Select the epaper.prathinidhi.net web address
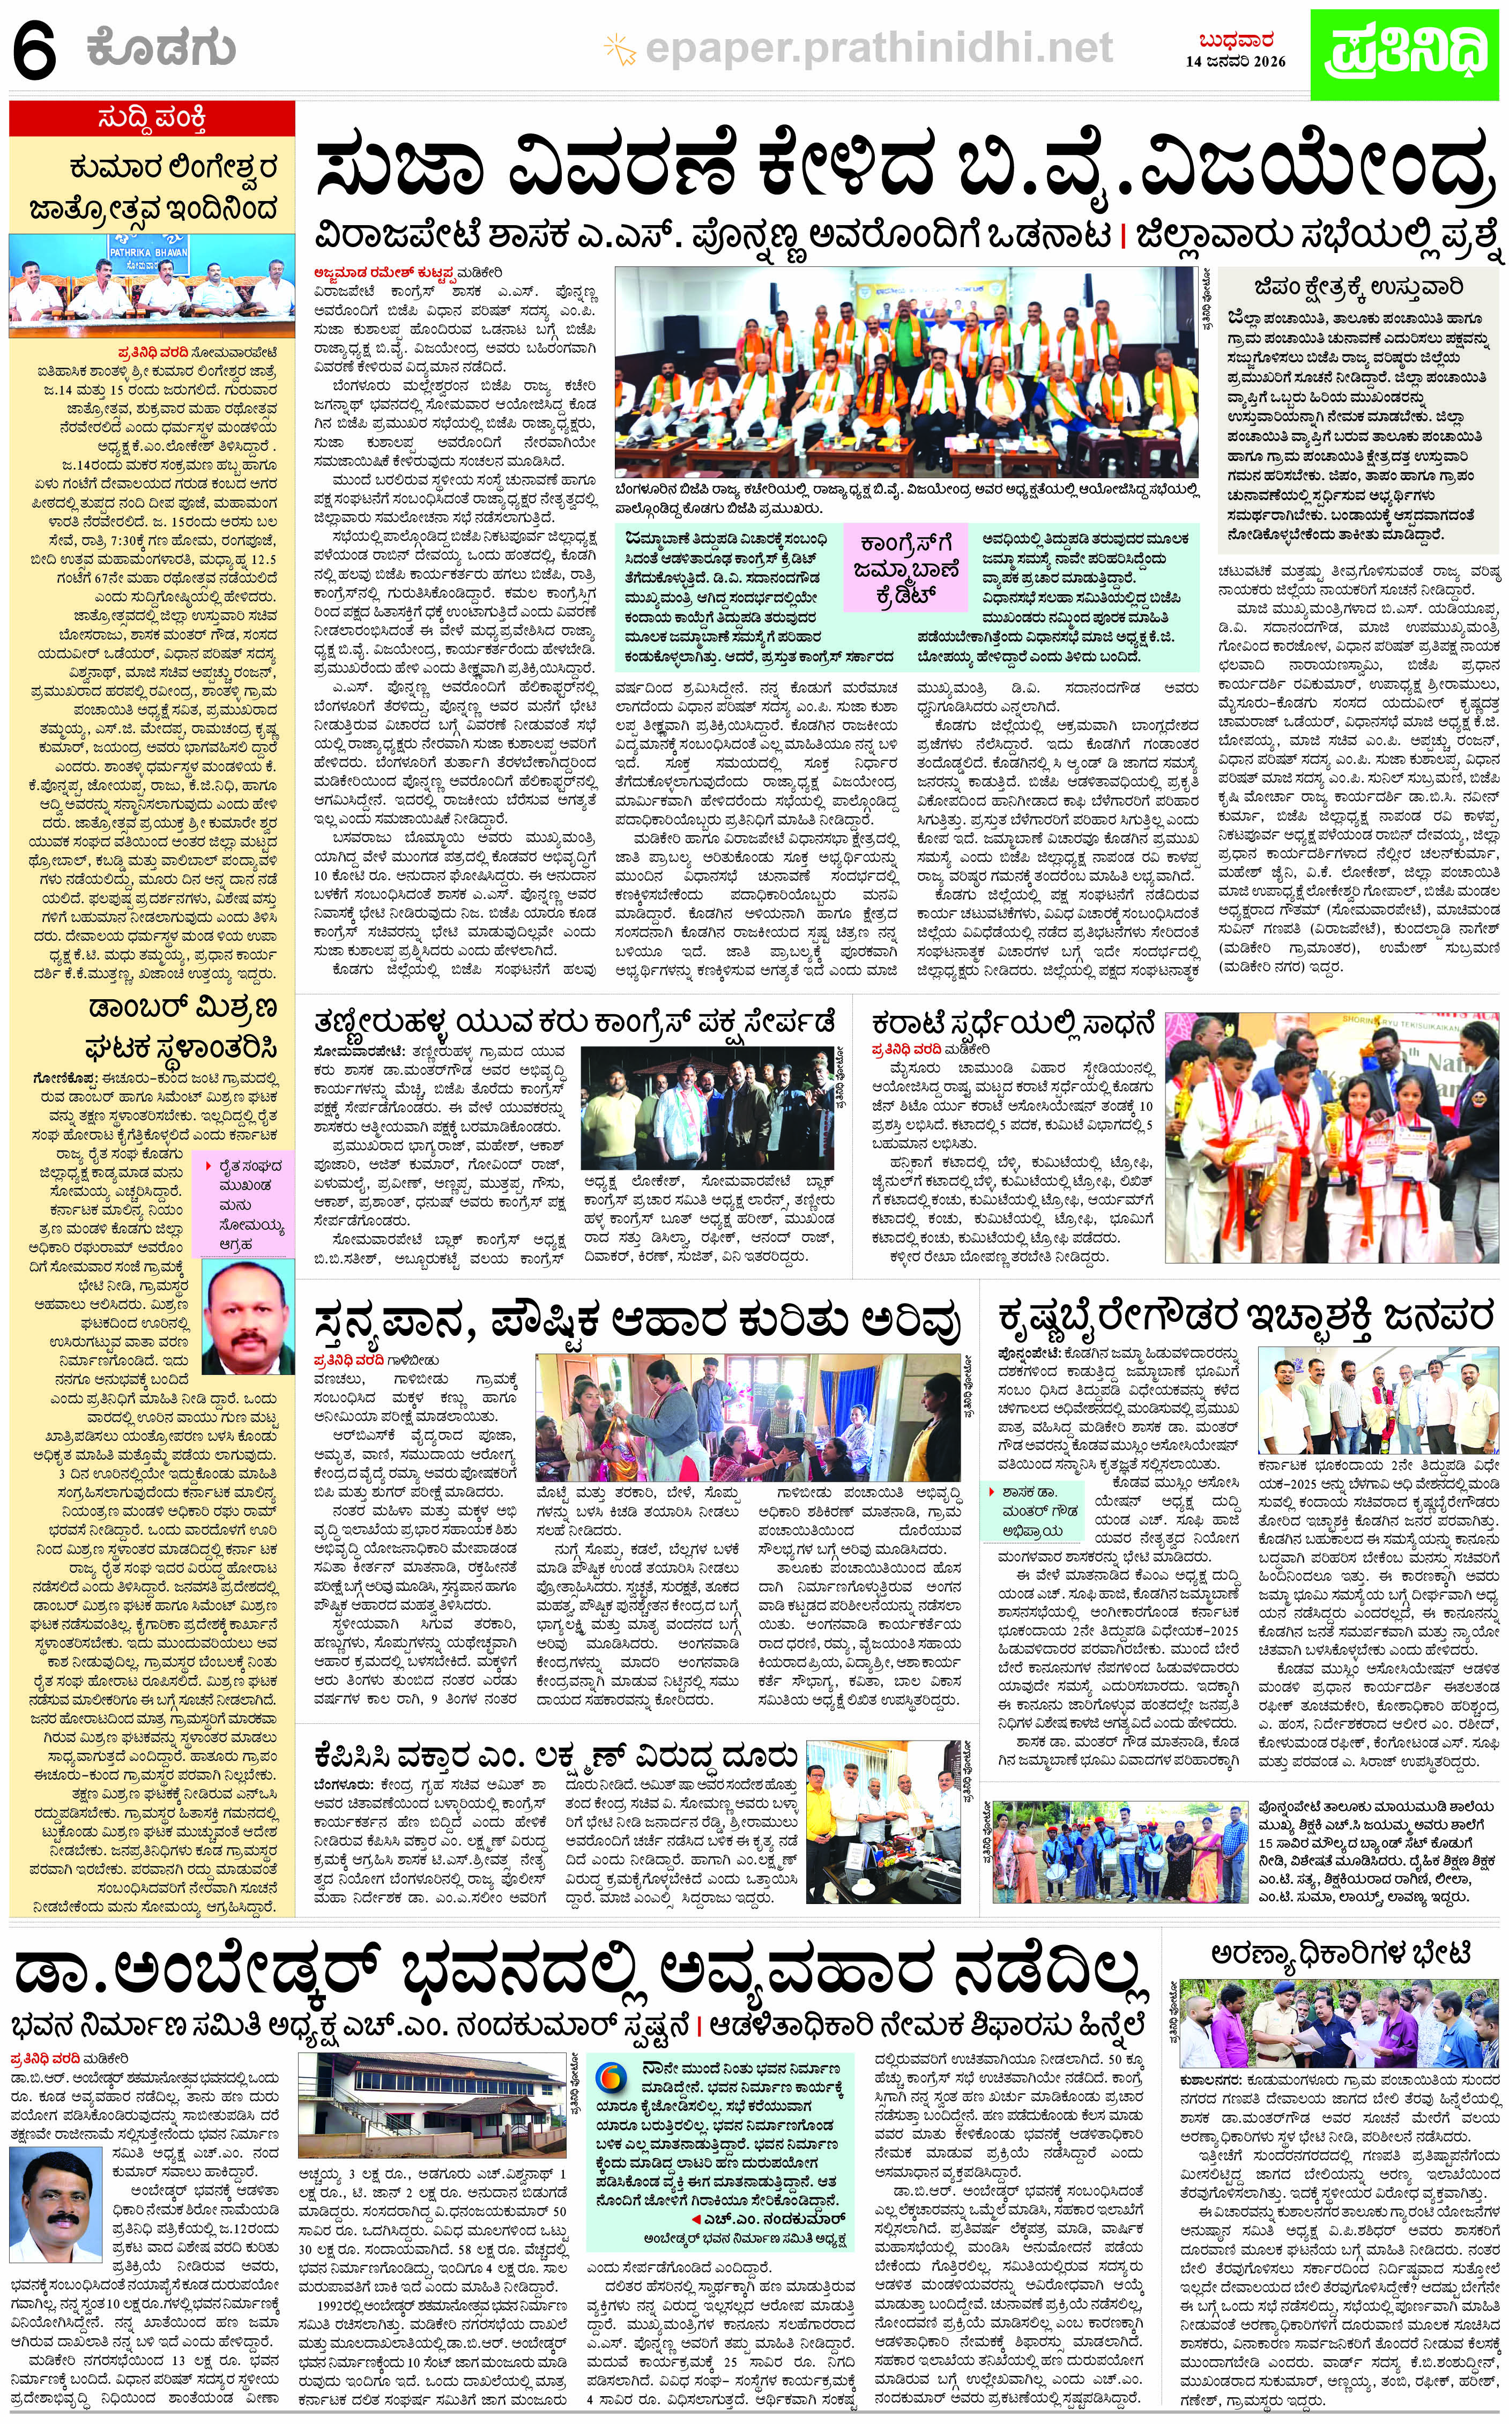pyautogui.click(x=878, y=46)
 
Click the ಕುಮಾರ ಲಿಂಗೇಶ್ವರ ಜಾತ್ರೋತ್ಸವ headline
pyautogui.click(x=152, y=188)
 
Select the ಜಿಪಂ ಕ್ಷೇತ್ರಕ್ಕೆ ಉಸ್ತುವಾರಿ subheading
pyautogui.click(x=1361, y=288)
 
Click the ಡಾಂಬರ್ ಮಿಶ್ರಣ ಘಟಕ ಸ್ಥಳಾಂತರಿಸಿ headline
pyautogui.click(x=184, y=1027)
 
